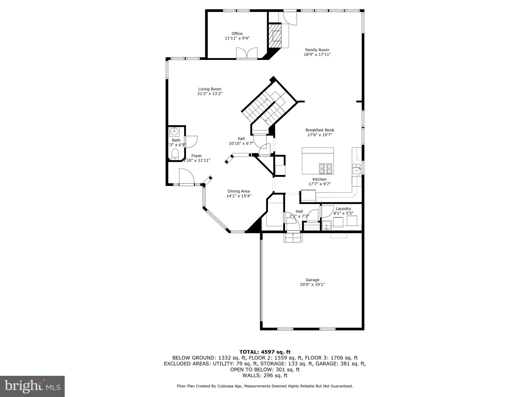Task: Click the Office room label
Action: (x=237, y=34)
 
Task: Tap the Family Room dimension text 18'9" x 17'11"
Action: (x=317, y=55)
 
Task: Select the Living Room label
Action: (x=210, y=89)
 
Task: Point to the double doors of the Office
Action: (x=247, y=54)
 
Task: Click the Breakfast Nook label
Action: (x=320, y=130)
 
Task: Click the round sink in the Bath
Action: (x=175, y=132)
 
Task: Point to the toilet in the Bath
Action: (x=175, y=155)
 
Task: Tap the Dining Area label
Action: (x=239, y=191)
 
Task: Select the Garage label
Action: (x=312, y=280)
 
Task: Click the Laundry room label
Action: (x=343, y=209)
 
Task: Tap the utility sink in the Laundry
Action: (x=327, y=225)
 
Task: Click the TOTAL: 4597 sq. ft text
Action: (x=265, y=352)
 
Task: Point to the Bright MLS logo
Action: (x=32, y=386)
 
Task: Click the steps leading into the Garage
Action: (x=293, y=237)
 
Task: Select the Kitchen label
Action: (x=319, y=179)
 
